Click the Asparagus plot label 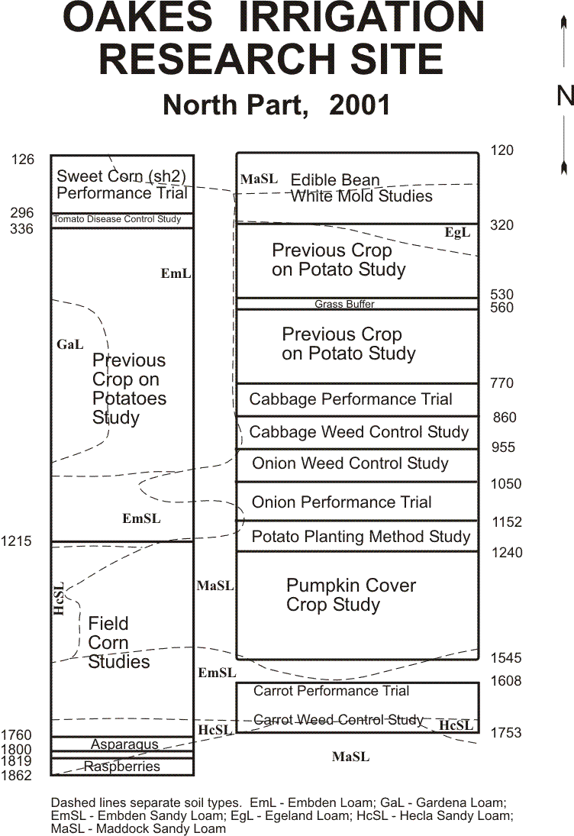tap(124, 744)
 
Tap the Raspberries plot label tap(122, 767)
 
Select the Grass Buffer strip tap(357, 304)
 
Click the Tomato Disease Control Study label tap(118, 219)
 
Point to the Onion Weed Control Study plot tap(357, 466)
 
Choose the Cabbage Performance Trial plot tap(357, 399)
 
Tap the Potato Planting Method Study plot tap(357, 536)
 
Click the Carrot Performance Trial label tap(331, 691)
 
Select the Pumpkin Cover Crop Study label tap(350, 595)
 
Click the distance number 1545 tap(506, 658)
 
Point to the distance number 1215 tap(16, 541)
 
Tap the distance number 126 tap(22, 160)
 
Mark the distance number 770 tap(501, 382)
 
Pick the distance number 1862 tap(16, 775)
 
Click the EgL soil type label tap(457, 232)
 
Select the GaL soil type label tap(69, 344)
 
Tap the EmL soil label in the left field tap(176, 273)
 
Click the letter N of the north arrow tap(566, 96)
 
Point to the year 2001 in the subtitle tap(360, 105)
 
